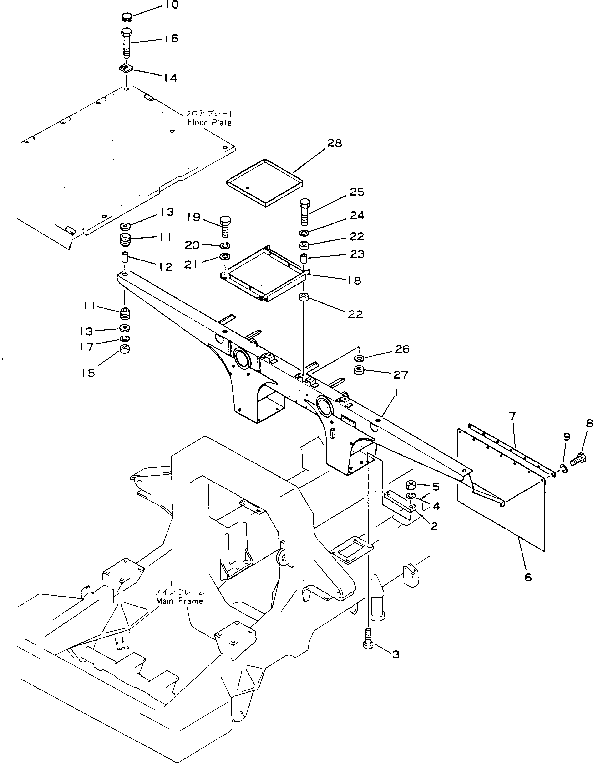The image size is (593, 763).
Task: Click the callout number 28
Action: (334, 143)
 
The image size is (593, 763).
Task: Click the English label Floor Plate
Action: (209, 122)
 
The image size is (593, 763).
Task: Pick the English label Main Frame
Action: (179, 601)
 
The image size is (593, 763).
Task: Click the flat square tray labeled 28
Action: (264, 181)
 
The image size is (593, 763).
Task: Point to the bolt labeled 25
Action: (304, 212)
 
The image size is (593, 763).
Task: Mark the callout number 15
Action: (88, 373)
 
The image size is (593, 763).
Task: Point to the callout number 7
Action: (512, 416)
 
